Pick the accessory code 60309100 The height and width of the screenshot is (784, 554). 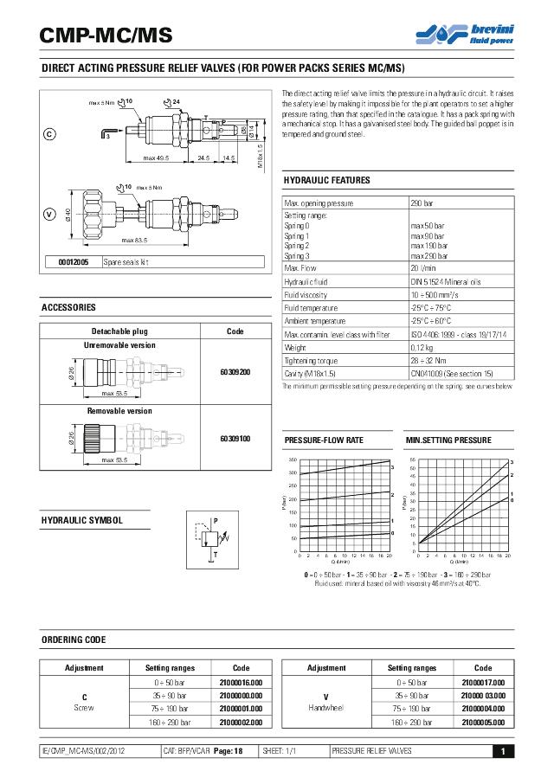pos(235,439)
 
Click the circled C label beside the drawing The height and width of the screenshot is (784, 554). pos(49,134)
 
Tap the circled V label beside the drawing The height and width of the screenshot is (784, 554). pos(49,213)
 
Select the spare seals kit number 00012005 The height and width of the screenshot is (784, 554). pos(74,261)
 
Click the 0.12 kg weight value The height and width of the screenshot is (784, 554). pos(422,347)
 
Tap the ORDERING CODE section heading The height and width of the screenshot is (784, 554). pos(74,639)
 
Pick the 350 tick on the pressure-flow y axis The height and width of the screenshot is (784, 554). pos(293,459)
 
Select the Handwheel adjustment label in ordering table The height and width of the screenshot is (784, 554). pos(326,708)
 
